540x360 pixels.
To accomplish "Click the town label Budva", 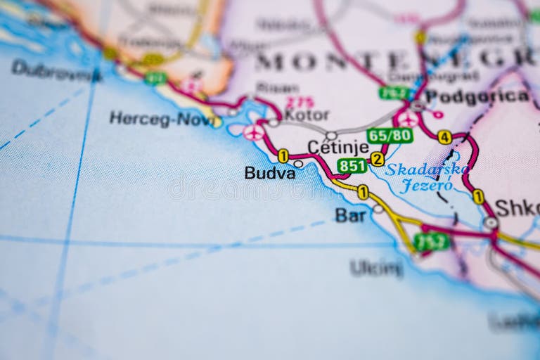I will pyautogui.click(x=269, y=173).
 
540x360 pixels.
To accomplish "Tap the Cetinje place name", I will pyautogui.click(x=338, y=148).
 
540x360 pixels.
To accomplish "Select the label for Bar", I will pyautogui.click(x=350, y=215).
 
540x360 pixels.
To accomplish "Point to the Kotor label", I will pyautogui.click(x=307, y=115).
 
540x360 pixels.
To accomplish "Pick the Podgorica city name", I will pyautogui.click(x=477, y=96).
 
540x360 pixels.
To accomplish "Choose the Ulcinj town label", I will pyautogui.click(x=377, y=267).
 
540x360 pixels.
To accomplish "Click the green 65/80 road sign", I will pyautogui.click(x=390, y=135).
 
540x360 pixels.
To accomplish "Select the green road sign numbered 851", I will pyautogui.click(x=352, y=166).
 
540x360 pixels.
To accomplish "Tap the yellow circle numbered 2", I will pyautogui.click(x=378, y=159).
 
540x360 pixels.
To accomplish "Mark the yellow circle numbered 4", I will pyautogui.click(x=444, y=137).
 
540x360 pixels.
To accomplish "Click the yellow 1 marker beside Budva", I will pyautogui.click(x=283, y=155).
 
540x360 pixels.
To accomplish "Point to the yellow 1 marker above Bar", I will pyautogui.click(x=363, y=192).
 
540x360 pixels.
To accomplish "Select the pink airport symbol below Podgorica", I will pyautogui.click(x=408, y=120).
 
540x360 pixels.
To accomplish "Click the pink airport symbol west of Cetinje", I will pyautogui.click(x=254, y=131).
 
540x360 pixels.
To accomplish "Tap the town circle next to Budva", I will pyautogui.click(x=299, y=164).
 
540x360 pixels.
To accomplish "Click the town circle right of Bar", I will pyautogui.click(x=378, y=209).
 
